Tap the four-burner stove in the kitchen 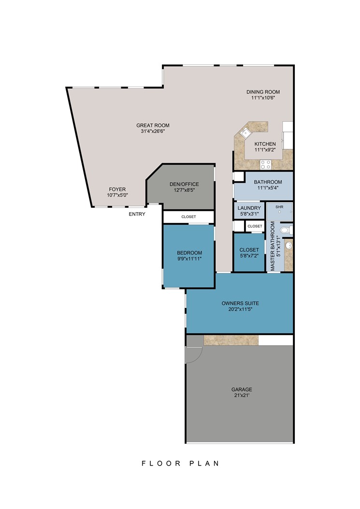(266, 164)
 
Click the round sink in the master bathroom (288, 246)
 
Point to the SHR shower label (279, 207)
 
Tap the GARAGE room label (242, 389)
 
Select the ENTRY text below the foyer (137, 214)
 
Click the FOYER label (117, 189)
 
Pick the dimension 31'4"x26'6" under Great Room (153, 131)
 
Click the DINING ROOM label (263, 92)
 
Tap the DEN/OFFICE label (184, 184)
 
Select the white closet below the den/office (188, 217)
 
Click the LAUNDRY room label (249, 208)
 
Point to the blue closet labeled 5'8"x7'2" (249, 253)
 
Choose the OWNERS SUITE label (240, 303)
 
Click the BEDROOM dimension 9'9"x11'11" (189, 259)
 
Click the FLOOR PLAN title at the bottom (180, 463)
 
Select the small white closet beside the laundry (255, 226)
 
